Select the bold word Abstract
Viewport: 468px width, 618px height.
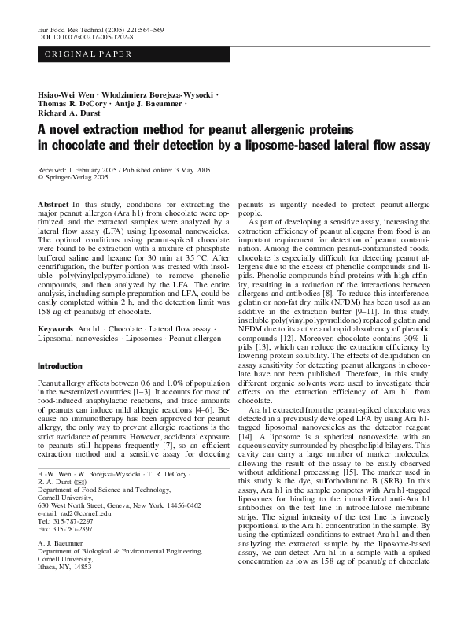point(53,205)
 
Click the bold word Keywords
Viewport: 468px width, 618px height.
point(56,328)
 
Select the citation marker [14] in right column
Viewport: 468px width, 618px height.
point(247,434)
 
